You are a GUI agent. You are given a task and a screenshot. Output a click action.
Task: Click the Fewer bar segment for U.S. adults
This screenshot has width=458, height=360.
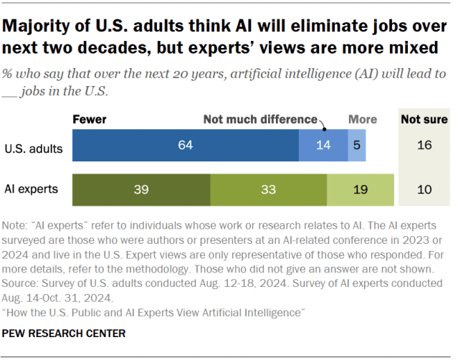click(x=185, y=146)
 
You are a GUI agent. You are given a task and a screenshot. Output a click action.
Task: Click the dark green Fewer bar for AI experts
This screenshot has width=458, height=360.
click(x=140, y=190)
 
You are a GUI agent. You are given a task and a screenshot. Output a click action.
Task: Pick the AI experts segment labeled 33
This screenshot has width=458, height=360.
click(x=268, y=190)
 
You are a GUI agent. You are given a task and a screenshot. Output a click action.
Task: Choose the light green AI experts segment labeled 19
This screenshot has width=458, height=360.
click(x=360, y=190)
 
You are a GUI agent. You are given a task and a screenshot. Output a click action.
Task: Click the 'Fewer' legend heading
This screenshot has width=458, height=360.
click(x=90, y=119)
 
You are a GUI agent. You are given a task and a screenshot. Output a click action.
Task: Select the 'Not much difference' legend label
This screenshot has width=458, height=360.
click(x=259, y=119)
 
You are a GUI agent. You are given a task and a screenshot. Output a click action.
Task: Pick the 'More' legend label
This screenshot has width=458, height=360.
click(x=363, y=119)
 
